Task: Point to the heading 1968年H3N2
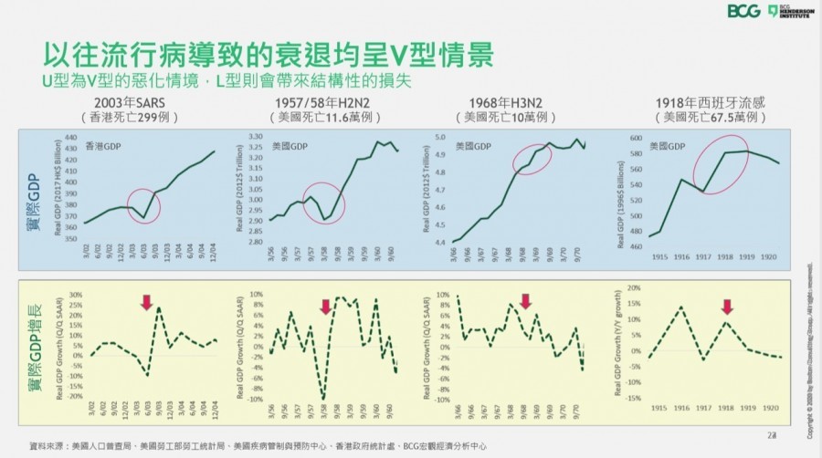(x=504, y=103)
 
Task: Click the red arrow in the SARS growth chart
(x=146, y=301)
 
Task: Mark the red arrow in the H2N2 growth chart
(x=325, y=307)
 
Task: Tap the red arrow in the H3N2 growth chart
(x=525, y=301)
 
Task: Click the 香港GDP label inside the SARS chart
(x=102, y=146)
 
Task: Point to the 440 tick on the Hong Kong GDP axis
(x=70, y=137)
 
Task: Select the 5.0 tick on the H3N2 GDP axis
(x=439, y=137)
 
